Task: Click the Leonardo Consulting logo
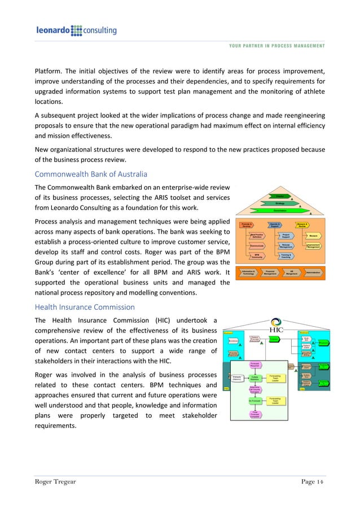tap(76, 30)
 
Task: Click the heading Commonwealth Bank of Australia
tap(92, 175)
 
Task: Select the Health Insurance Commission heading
tap(85, 307)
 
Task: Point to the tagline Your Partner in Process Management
tap(276, 46)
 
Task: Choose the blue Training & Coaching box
tap(286, 256)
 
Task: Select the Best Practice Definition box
tap(258, 235)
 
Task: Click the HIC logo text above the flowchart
tap(276, 330)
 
